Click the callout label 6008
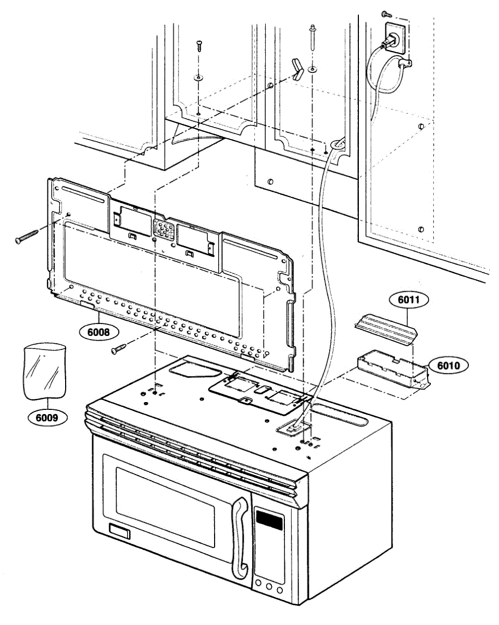[x=99, y=330]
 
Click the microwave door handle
[x=240, y=536]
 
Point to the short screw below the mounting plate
[x=120, y=348]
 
